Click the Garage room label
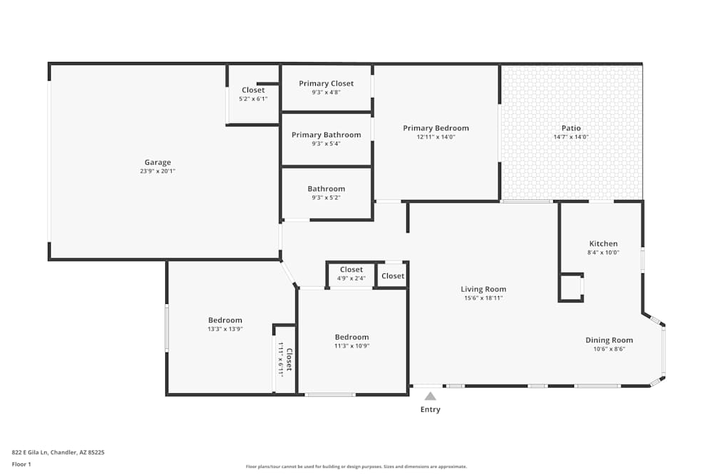point(158,162)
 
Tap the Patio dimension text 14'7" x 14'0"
point(570,137)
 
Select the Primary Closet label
point(326,83)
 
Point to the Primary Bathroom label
point(326,135)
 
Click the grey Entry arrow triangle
point(430,396)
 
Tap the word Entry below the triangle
point(430,410)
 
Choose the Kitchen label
point(603,243)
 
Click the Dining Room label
point(609,340)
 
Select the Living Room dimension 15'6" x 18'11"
point(483,298)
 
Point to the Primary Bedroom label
point(436,128)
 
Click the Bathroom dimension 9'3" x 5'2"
point(326,198)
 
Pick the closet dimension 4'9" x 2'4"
point(351,278)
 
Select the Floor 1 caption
point(21,464)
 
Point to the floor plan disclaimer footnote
point(356,467)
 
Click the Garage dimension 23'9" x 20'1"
point(158,171)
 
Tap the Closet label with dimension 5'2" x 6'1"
point(253,90)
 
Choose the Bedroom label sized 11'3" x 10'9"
point(352,338)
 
